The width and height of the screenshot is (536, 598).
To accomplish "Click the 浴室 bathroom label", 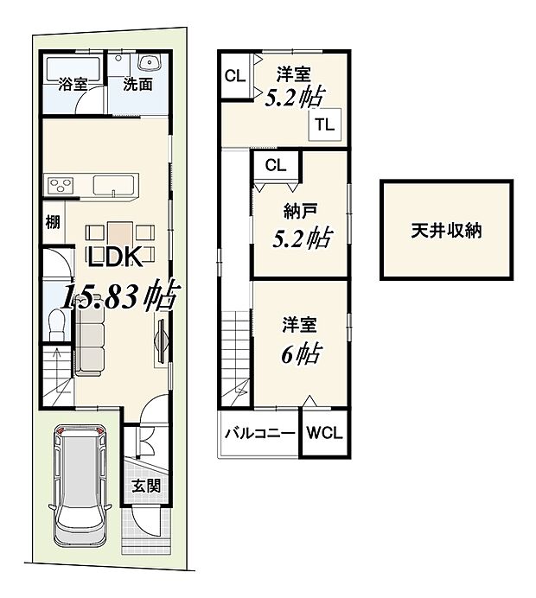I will [x=72, y=85].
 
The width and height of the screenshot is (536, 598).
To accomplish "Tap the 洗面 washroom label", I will [x=137, y=85].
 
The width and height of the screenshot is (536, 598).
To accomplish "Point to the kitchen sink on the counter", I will [x=113, y=186].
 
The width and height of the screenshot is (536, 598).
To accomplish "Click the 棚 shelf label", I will [x=53, y=221].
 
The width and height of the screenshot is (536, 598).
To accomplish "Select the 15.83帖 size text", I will [x=119, y=297].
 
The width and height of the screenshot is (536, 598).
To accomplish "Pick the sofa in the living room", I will [x=88, y=340].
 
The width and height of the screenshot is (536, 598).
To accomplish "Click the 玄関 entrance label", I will [x=145, y=486].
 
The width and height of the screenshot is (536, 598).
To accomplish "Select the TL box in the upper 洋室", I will [x=323, y=124].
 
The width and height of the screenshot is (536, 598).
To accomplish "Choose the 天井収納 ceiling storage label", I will [x=446, y=232].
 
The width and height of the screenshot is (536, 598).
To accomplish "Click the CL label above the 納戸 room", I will [x=275, y=164].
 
